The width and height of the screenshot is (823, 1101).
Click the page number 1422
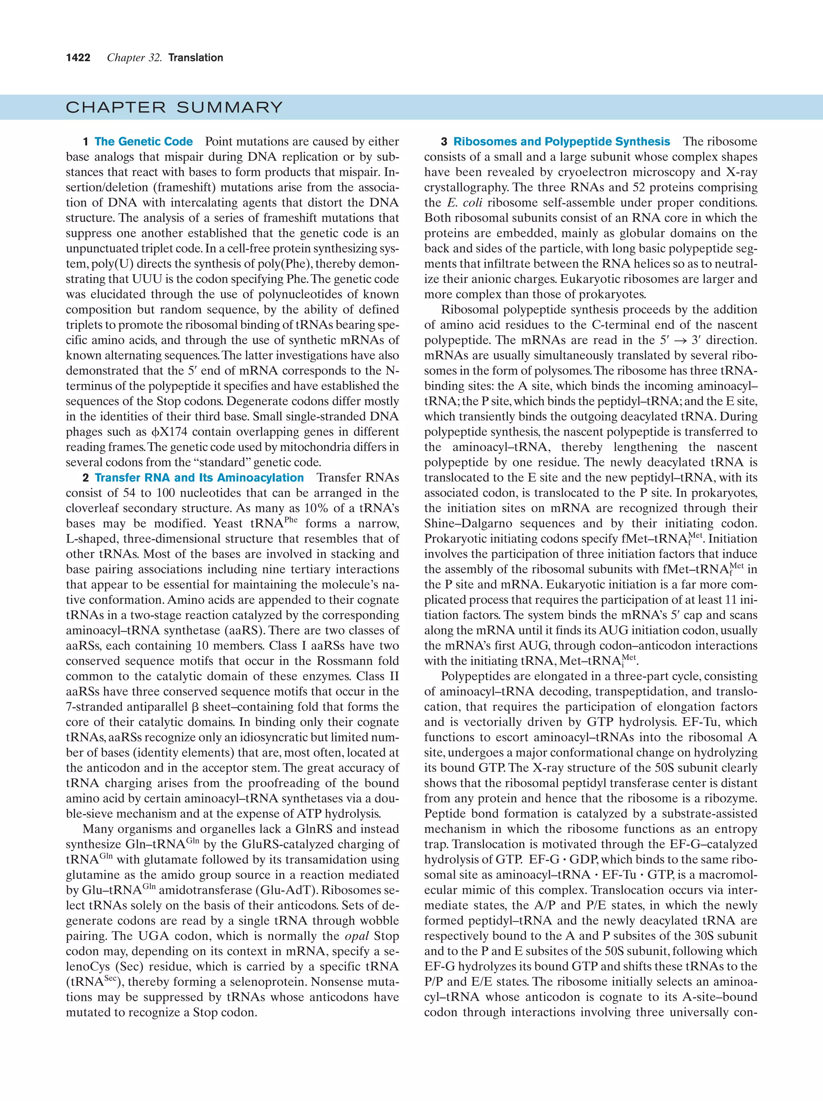(x=78, y=58)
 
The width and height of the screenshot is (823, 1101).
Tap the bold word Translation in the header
(x=196, y=58)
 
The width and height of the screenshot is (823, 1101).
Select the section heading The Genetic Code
(x=143, y=142)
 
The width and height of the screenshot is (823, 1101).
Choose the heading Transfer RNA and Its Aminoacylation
(x=199, y=478)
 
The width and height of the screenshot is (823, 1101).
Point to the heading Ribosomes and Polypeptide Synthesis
(x=562, y=142)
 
